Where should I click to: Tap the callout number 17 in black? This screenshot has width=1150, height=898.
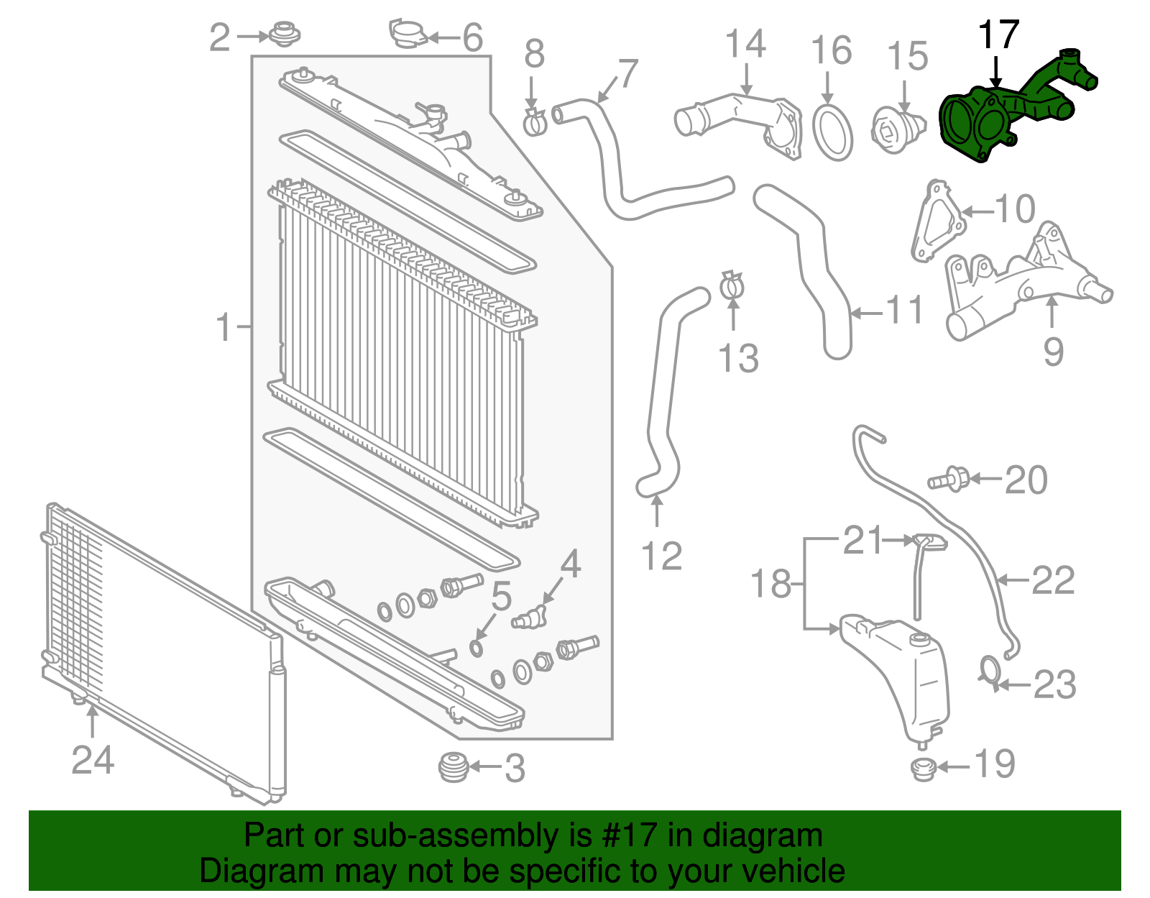click(x=998, y=35)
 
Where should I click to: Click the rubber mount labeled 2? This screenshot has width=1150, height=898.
click(x=284, y=33)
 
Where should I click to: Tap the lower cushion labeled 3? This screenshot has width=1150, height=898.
click(x=454, y=767)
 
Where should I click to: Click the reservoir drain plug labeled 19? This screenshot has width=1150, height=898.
click(x=923, y=769)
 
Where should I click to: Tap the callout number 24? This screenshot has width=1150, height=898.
click(x=93, y=759)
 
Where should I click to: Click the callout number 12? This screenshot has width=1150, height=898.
click(x=661, y=556)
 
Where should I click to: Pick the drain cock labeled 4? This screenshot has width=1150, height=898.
click(x=530, y=617)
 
